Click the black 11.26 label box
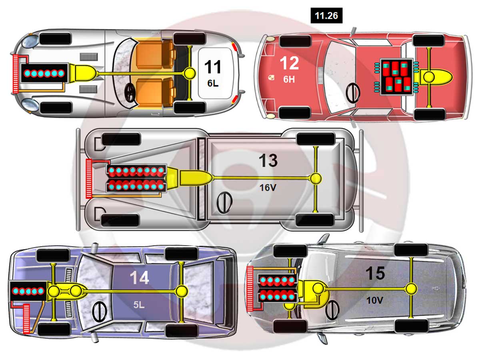click(x=326, y=16)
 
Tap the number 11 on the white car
click(x=212, y=67)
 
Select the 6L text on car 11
click(x=213, y=83)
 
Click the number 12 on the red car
click(x=289, y=63)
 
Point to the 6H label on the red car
click(x=289, y=79)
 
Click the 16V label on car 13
click(x=268, y=188)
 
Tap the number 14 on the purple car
click(x=140, y=278)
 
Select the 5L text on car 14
click(x=139, y=304)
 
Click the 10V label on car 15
click(x=374, y=300)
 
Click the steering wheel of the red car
click(x=353, y=93)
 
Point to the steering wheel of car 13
click(x=224, y=202)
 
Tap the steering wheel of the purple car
click(x=99, y=311)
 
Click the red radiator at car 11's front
click(x=16, y=74)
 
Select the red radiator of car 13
click(x=89, y=178)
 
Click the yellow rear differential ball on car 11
click(x=189, y=73)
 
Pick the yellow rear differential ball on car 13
click(x=315, y=178)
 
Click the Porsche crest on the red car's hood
click(x=271, y=77)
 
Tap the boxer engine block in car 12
click(x=396, y=77)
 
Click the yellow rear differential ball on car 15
click(x=411, y=289)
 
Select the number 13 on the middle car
click(x=268, y=160)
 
